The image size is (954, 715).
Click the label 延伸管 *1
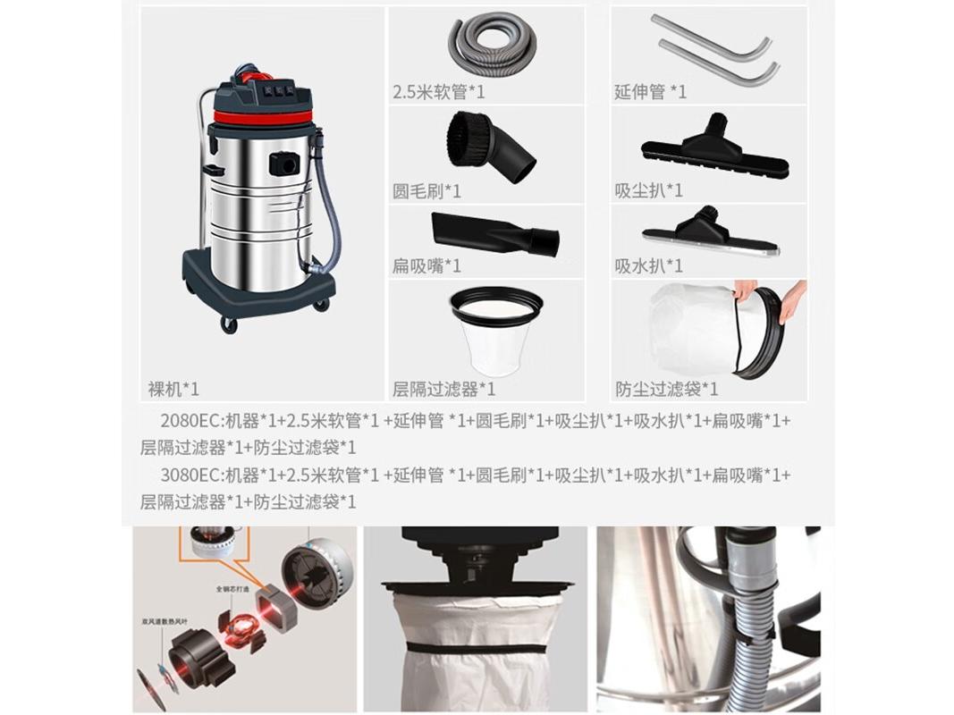[x=650, y=91]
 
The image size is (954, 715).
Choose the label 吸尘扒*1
[x=648, y=190]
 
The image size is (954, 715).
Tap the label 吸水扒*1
[x=648, y=265]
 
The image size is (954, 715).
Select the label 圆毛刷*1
[x=426, y=191]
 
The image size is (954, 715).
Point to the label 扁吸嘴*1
[x=426, y=265]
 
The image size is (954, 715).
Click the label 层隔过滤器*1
[x=443, y=389]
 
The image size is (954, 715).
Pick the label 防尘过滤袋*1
[x=666, y=389]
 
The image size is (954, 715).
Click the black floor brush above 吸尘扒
[x=714, y=148]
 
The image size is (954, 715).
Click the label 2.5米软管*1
[x=439, y=91]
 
